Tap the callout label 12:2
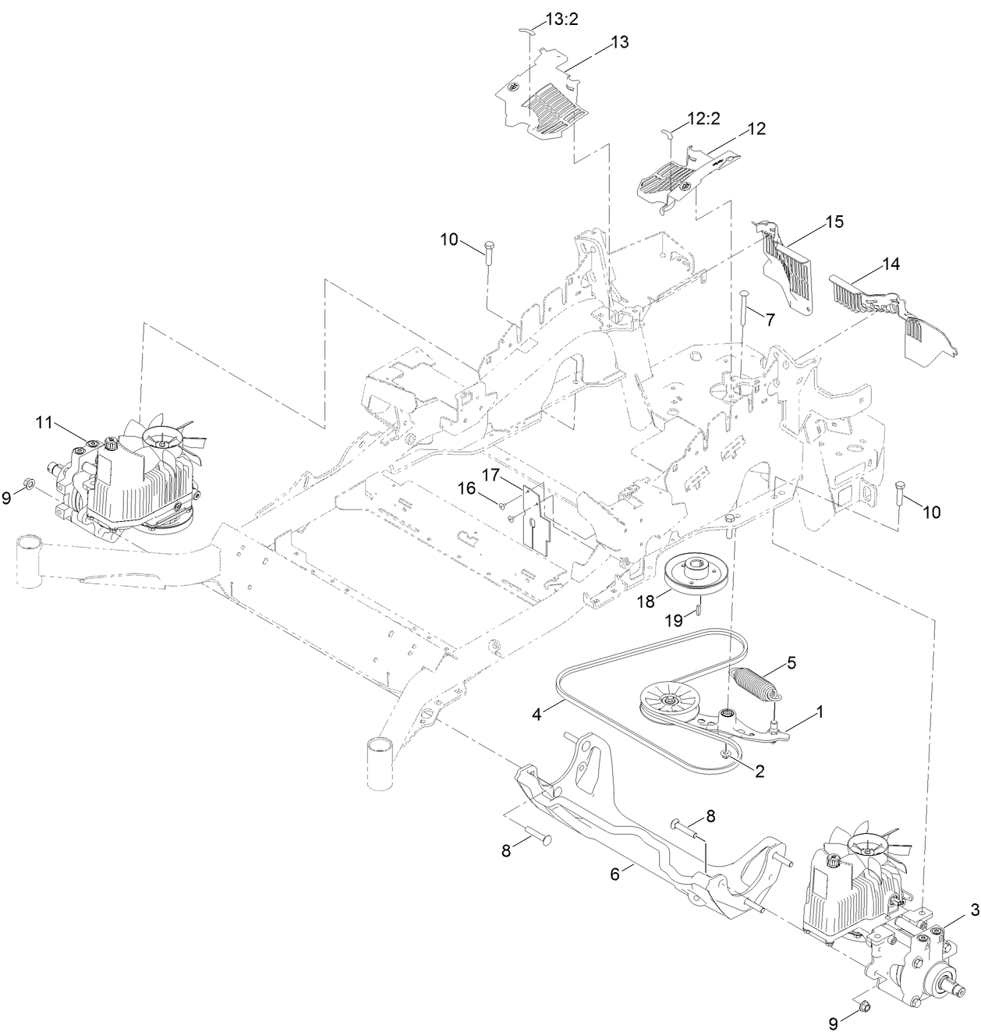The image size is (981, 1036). coord(703,119)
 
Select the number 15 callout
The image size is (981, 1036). coord(834,222)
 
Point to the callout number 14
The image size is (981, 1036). coord(890,264)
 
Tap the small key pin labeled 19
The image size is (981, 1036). coord(700,605)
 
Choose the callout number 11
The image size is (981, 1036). coord(43,422)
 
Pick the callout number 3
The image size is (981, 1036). coord(975,910)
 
